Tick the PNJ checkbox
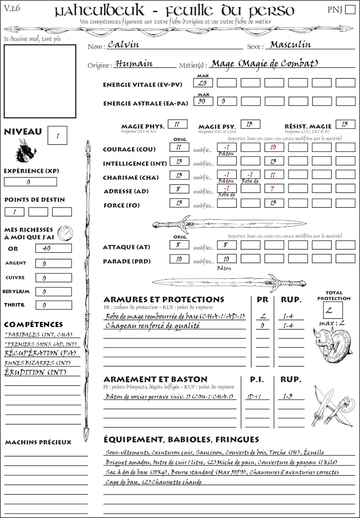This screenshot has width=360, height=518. click(x=349, y=10)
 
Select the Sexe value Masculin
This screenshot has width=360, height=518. click(x=290, y=45)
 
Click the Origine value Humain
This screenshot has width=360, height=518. click(x=134, y=64)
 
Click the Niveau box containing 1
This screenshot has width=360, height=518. click(x=58, y=135)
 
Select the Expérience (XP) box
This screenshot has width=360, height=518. click(x=30, y=182)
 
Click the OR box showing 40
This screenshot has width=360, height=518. click(x=50, y=248)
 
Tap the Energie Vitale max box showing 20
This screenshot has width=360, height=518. click(x=203, y=83)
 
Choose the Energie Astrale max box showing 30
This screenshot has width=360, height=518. click(x=203, y=102)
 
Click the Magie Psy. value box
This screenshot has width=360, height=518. click(x=250, y=124)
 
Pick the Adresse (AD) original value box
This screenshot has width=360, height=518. click(x=179, y=189)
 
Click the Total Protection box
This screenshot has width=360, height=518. click(x=333, y=310)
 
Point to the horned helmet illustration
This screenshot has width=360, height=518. click(x=333, y=344)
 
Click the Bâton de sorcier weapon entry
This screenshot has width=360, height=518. click(x=169, y=397)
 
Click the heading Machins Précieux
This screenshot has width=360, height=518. click(x=38, y=442)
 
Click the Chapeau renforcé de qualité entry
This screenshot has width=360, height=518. click(x=153, y=326)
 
